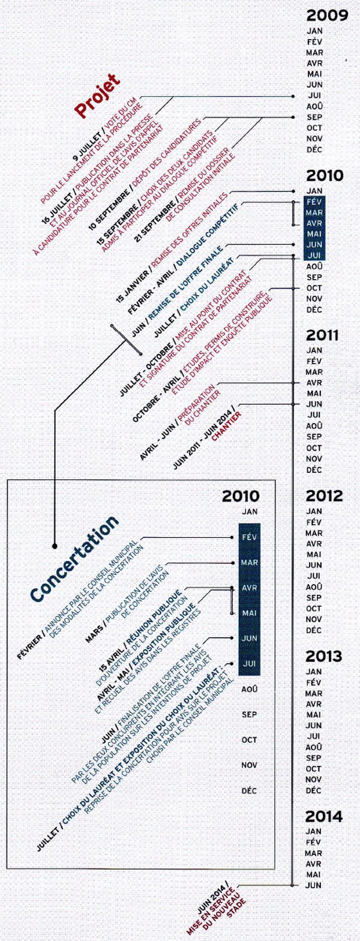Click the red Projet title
click(x=97, y=96)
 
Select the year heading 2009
click(x=327, y=16)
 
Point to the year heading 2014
click(x=324, y=817)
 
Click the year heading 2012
click(x=324, y=496)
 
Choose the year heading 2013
click(x=324, y=656)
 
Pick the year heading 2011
click(x=322, y=335)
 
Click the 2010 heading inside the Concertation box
click(x=241, y=496)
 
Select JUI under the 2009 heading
click(x=314, y=95)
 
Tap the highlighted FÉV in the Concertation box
click(x=249, y=537)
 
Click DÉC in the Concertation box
click(x=249, y=790)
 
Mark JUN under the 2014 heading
click(x=314, y=885)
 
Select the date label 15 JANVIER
click(x=133, y=286)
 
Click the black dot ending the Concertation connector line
click(x=55, y=546)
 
